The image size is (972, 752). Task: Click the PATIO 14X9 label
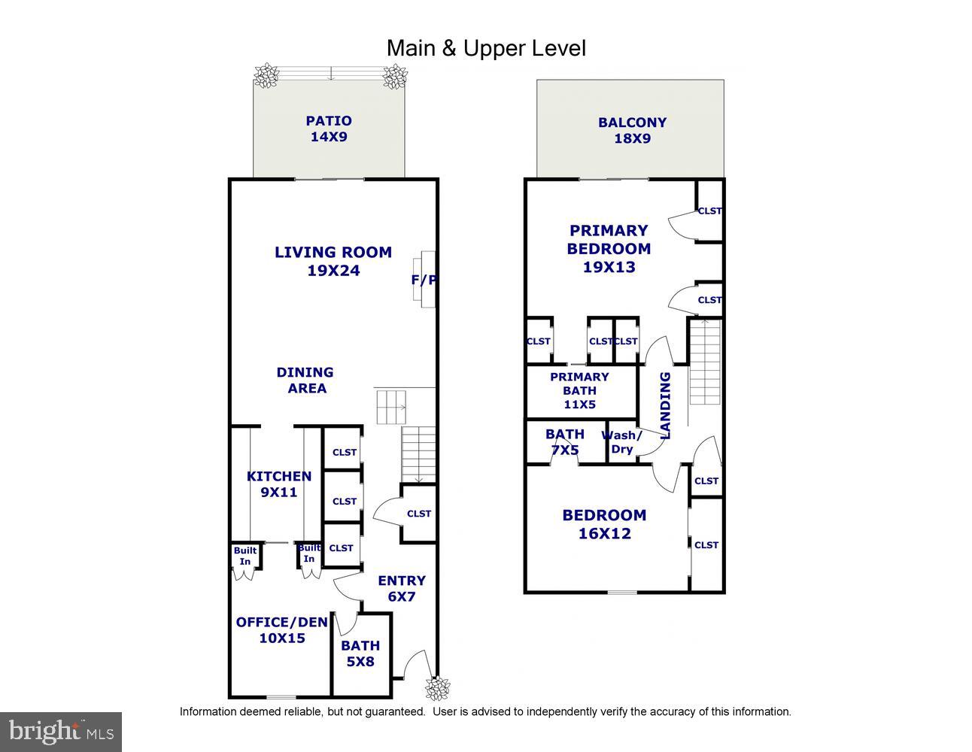329,129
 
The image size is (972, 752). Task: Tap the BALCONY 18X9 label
632,130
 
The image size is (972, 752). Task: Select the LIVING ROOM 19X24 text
333,261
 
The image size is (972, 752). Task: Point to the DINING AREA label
305,380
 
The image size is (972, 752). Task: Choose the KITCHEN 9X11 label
278,484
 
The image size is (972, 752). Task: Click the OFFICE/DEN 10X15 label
281,629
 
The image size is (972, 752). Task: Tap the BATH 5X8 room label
360,653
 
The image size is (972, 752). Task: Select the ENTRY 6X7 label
401,588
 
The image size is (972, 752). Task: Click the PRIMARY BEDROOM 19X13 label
609,248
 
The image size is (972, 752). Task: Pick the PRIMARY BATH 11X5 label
579,390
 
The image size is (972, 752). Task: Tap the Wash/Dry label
621,442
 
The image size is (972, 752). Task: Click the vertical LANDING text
665,405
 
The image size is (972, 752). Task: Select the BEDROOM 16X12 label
604,524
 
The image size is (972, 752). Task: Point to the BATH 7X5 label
565,441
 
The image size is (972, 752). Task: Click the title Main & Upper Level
486,48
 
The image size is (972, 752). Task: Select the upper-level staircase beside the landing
705,361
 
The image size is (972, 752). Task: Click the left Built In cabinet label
245,556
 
